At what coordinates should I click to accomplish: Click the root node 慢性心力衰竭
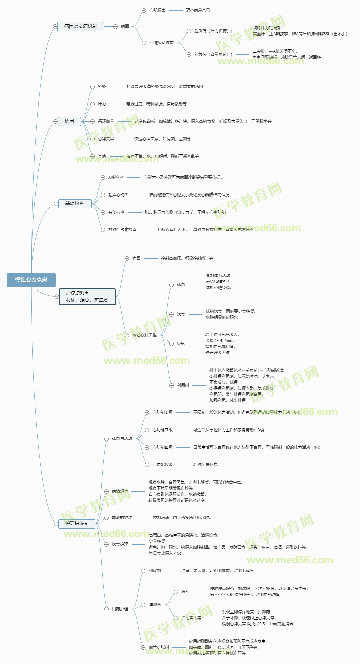[31, 280]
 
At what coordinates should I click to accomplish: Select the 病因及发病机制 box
[80, 26]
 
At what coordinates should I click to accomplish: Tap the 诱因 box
[69, 121]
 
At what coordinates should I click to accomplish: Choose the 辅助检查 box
[75, 203]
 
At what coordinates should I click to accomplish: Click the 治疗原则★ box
[87, 296]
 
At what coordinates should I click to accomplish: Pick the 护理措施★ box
[77, 523]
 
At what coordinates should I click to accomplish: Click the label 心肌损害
[158, 10]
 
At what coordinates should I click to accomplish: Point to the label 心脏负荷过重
[162, 43]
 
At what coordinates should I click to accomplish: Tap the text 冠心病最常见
[198, 10]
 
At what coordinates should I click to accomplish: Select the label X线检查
[116, 177]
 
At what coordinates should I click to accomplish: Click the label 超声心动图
[118, 195]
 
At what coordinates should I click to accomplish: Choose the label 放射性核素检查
[122, 229]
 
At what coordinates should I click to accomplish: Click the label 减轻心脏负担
[144, 335]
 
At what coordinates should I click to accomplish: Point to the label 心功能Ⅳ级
[163, 464]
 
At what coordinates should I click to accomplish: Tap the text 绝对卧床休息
[205, 464]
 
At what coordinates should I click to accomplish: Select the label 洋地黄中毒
[191, 618]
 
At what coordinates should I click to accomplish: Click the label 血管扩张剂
[159, 647]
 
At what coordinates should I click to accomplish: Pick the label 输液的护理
[122, 517]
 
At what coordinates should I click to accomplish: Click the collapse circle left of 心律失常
[92, 139]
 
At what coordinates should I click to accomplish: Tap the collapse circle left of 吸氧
[171, 344]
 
